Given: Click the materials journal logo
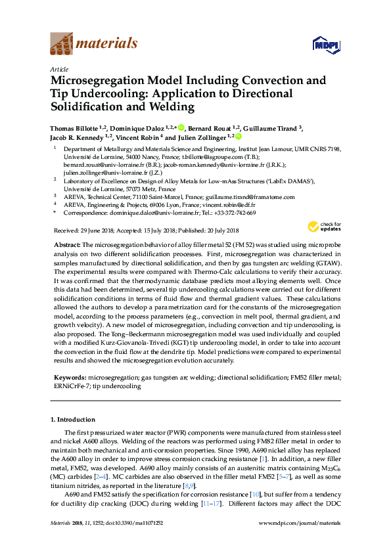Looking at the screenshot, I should pyautogui.click(x=94, y=44).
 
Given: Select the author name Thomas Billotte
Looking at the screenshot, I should pyautogui.click(x=78, y=127).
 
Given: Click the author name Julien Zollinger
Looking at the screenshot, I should pyautogui.click(x=202, y=138).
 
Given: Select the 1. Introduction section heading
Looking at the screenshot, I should pyautogui.click(x=72, y=419).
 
